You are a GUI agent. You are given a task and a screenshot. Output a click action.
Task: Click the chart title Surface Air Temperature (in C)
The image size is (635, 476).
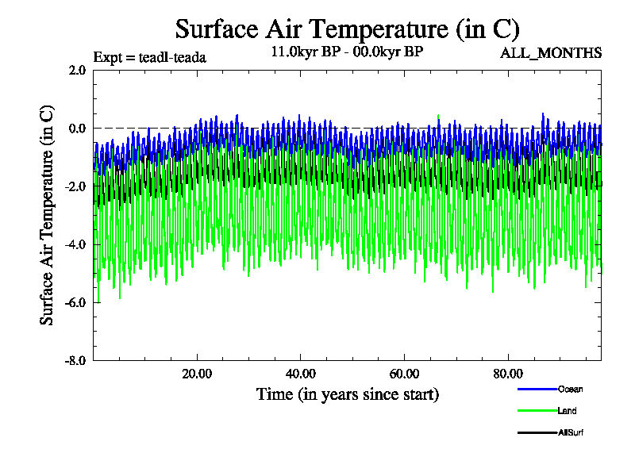click(347, 29)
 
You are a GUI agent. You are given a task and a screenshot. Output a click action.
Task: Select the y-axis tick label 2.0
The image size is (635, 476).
click(77, 70)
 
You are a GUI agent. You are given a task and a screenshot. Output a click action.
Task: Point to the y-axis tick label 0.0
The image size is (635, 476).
click(77, 128)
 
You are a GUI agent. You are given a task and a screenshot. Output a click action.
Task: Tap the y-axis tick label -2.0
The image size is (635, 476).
click(75, 186)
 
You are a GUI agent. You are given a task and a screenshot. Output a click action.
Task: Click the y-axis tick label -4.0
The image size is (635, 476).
click(75, 244)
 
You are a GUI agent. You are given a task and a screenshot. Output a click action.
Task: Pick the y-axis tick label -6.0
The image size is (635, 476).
click(75, 301)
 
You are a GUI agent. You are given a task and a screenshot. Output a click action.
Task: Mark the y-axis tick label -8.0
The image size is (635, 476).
click(75, 359)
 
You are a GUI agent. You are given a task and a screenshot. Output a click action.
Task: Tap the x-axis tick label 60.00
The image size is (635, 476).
click(405, 374)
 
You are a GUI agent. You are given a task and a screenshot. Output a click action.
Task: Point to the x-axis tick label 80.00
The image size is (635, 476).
click(508, 374)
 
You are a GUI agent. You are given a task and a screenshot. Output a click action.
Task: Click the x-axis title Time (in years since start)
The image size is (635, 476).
click(347, 393)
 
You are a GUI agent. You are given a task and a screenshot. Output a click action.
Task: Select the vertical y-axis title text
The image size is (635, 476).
click(48, 214)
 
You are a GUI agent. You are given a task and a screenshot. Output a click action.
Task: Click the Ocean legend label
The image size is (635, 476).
click(570, 389)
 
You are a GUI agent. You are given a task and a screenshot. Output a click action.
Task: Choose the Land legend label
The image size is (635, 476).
click(567, 411)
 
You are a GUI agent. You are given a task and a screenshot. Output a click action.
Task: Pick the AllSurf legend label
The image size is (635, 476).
click(570, 433)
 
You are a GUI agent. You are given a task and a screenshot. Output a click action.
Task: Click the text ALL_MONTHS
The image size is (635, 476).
click(551, 53)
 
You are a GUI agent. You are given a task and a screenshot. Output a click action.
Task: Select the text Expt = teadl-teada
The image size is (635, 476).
click(150, 57)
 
